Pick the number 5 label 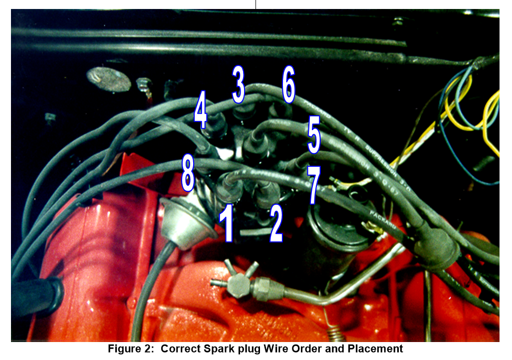coord(313,136)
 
